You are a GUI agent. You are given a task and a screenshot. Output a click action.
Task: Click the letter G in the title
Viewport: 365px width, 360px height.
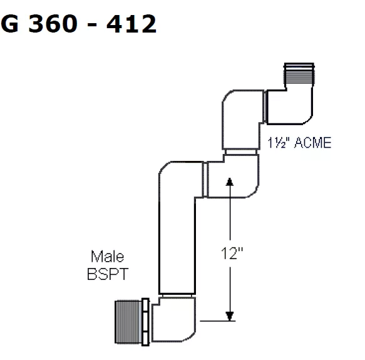pos(9,23)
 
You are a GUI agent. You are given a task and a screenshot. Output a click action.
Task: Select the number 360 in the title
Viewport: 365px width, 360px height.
pos(53,23)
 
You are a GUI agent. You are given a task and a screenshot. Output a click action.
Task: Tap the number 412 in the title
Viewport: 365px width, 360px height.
pos(131,23)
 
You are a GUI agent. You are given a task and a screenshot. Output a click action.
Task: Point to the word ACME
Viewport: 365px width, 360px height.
pos(312,143)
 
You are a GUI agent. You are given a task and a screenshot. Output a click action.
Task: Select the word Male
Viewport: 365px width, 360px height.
pos(107,257)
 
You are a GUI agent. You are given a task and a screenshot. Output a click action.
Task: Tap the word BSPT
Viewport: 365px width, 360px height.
pos(108,274)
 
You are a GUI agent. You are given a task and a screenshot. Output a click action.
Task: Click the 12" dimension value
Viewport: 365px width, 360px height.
pos(232,253)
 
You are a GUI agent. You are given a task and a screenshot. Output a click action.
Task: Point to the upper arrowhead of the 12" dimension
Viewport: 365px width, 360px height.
pos(230,182)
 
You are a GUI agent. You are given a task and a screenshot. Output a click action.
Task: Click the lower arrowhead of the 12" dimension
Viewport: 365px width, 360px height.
pos(230,316)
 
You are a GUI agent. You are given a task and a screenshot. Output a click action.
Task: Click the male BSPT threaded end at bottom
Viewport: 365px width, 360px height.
pos(128,322)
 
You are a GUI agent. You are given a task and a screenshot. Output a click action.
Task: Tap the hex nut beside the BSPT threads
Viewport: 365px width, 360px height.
pos(145,322)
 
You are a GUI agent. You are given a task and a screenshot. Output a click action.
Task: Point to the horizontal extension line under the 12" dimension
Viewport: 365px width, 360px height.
pos(218,321)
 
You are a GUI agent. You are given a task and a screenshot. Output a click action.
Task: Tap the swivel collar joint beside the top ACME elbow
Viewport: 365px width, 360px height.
pos(265,106)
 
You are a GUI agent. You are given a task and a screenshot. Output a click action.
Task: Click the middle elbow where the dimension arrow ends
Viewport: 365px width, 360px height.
pos(233,177)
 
